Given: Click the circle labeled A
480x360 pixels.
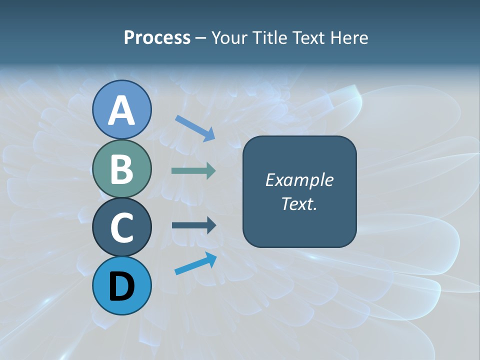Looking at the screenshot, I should pos(121,109).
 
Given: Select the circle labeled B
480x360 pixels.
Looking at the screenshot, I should pos(121,168).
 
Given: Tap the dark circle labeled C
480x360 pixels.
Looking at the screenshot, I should pos(121,227).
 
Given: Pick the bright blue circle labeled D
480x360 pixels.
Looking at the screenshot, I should pos(121,285).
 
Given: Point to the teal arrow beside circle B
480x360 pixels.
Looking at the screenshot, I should pos(193,171).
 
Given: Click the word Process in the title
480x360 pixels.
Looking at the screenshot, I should pos(157,37).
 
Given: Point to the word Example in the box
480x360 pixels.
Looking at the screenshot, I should pos(299,180).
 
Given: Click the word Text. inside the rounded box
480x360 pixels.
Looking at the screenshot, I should pos(299,203).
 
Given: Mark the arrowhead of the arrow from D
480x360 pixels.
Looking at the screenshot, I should pos(211,258).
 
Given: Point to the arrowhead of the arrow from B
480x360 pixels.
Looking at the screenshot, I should pos(211,171).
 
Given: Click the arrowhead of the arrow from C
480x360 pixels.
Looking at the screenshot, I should pos(211,225).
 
